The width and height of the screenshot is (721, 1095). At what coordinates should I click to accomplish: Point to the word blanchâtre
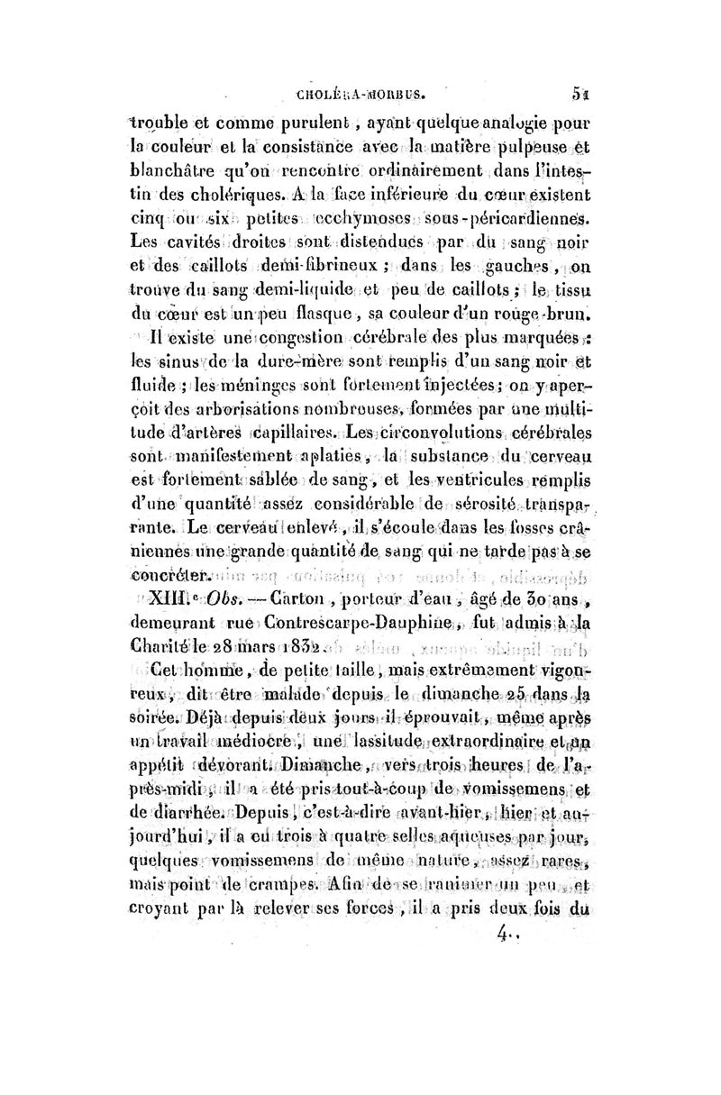click(177, 188)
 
